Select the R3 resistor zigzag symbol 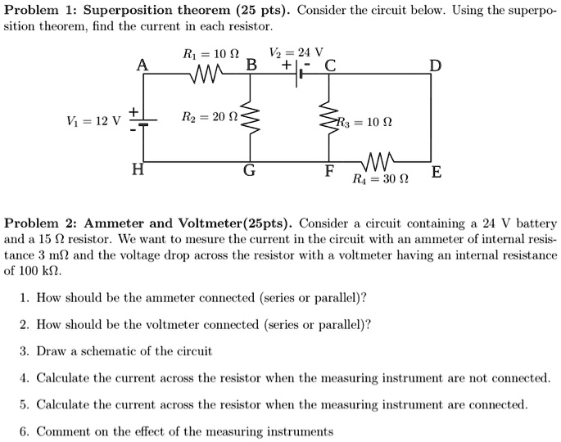point(329,116)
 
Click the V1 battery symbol point(143,122)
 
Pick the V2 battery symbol point(297,74)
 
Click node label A point(142,65)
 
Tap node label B point(251,65)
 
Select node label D point(436,65)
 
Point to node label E point(437,172)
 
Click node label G point(249,170)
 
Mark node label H point(138,169)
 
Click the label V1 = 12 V point(93,121)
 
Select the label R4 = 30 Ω point(380,178)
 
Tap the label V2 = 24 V point(296,52)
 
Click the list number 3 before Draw point(25,351)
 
